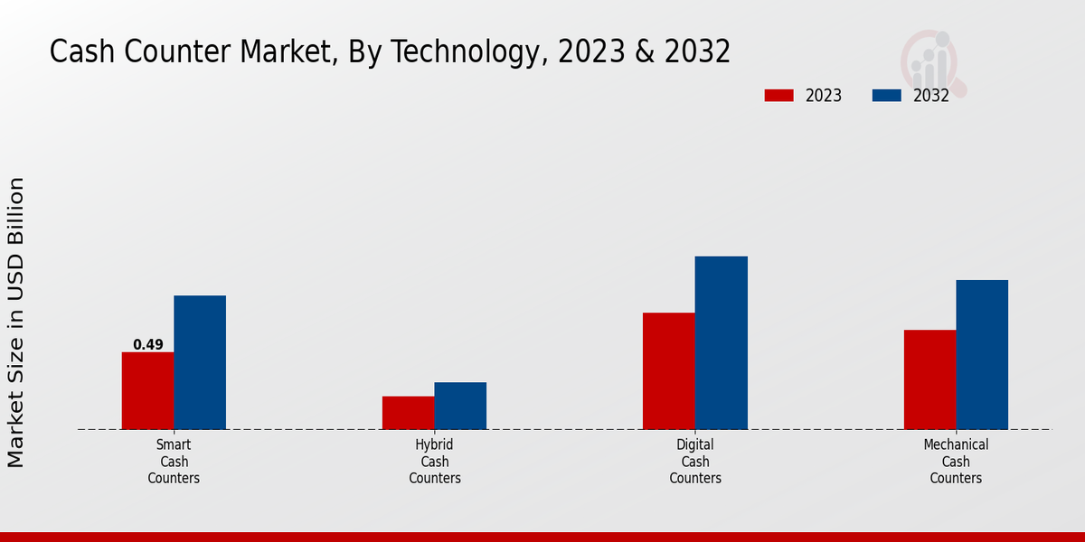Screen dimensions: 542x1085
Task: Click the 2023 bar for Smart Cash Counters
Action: tap(147, 390)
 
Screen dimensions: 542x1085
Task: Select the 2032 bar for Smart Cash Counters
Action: tap(200, 362)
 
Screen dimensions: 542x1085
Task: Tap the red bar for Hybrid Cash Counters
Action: tap(408, 413)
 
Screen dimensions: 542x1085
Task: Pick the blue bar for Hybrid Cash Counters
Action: tap(460, 406)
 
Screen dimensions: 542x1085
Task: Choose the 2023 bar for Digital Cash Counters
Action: tap(669, 370)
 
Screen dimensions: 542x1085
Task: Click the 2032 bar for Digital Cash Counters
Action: tap(722, 342)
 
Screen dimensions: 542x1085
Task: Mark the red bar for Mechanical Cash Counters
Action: tap(929, 379)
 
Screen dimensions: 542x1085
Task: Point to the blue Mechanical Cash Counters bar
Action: tap(982, 354)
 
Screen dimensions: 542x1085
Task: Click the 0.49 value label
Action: tap(148, 344)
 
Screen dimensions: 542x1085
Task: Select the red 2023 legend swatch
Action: tap(778, 96)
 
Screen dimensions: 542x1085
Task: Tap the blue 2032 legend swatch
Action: tap(886, 96)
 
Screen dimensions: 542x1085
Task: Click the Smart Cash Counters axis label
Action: tap(174, 462)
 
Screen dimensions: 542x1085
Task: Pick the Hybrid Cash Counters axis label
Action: tap(435, 462)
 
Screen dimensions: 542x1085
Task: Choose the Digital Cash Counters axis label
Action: tap(695, 462)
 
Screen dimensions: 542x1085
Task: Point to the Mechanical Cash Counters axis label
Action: tap(956, 462)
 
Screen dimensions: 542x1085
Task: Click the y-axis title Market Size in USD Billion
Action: tap(16, 322)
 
